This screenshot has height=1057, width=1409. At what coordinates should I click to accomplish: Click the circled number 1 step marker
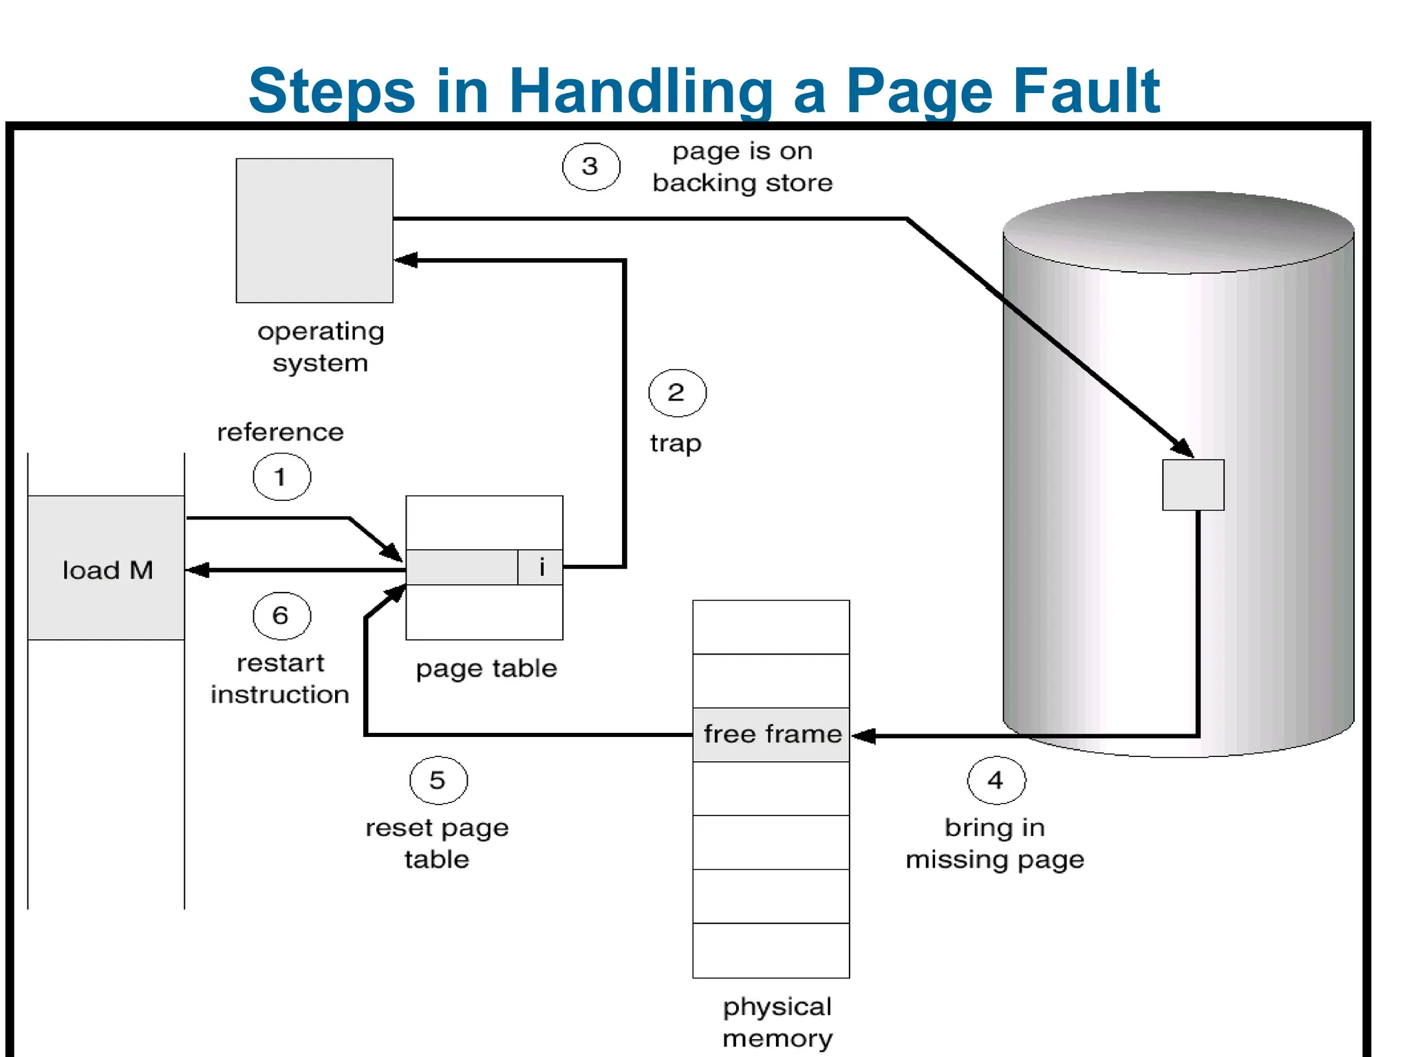pos(281,476)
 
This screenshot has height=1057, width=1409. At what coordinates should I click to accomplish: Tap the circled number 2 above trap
pos(677,392)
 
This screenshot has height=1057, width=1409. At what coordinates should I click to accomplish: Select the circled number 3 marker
pos(590,166)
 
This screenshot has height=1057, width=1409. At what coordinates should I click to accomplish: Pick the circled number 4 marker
pos(996,780)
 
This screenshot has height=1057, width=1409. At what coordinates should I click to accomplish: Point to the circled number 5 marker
pos(438,780)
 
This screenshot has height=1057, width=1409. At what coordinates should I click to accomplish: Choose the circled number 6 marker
pos(281,615)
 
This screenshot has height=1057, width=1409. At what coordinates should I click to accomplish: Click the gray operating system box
pos(314,231)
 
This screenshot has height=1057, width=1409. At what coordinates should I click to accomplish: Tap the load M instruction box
pos(107,568)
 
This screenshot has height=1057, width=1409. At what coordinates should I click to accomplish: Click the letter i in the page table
pos(541,567)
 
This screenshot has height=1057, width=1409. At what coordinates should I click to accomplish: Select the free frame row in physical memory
pos(771,734)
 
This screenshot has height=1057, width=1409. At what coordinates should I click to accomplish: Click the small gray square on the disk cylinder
pos(1193,485)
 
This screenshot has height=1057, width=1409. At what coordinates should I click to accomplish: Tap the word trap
pos(676,443)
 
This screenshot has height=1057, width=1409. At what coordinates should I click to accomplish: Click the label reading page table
pos(486,668)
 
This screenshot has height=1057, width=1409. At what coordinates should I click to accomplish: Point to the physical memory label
pos(777,1022)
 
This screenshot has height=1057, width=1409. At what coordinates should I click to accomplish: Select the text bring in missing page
pos(995,843)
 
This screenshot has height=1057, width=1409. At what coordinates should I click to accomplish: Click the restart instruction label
pos(280,679)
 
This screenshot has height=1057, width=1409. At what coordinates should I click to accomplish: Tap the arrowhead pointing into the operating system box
pos(405,260)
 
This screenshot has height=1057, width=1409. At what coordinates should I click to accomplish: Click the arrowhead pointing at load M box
pos(198,570)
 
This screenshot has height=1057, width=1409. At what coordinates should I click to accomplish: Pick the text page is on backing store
pos(742,167)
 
